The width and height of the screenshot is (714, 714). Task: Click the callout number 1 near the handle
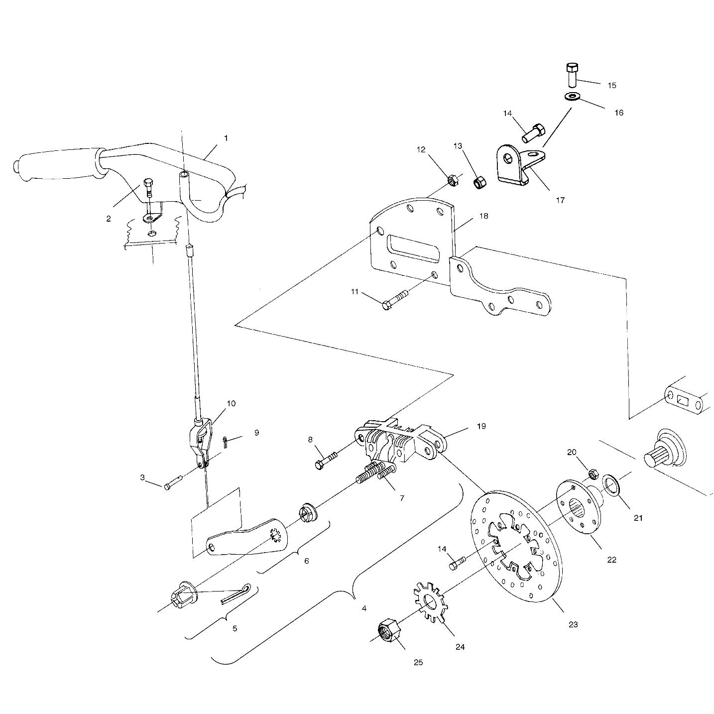point(226,138)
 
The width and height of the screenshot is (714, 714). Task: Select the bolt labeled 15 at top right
point(572,74)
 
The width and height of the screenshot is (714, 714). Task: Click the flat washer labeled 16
point(572,96)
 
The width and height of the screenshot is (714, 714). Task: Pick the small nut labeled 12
point(453,180)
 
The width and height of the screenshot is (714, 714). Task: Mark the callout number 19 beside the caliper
point(481,426)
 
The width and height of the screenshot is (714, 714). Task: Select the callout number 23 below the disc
point(573,624)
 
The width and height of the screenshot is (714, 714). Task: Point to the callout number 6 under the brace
point(306,561)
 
